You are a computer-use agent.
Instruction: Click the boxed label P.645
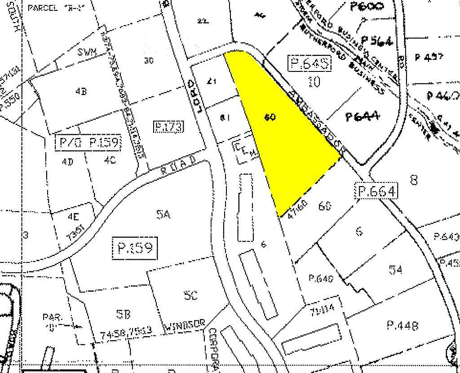(x=310, y=64)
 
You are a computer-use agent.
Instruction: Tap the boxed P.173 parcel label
(x=169, y=127)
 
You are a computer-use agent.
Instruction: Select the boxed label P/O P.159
(x=88, y=143)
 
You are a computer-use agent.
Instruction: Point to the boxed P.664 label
(x=377, y=191)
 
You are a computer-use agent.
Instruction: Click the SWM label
(x=87, y=52)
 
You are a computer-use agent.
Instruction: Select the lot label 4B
(x=81, y=91)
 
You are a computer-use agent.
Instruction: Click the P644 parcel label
(x=363, y=117)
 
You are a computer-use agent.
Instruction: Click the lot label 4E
(x=73, y=216)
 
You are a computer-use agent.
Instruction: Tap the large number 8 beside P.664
(x=413, y=180)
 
